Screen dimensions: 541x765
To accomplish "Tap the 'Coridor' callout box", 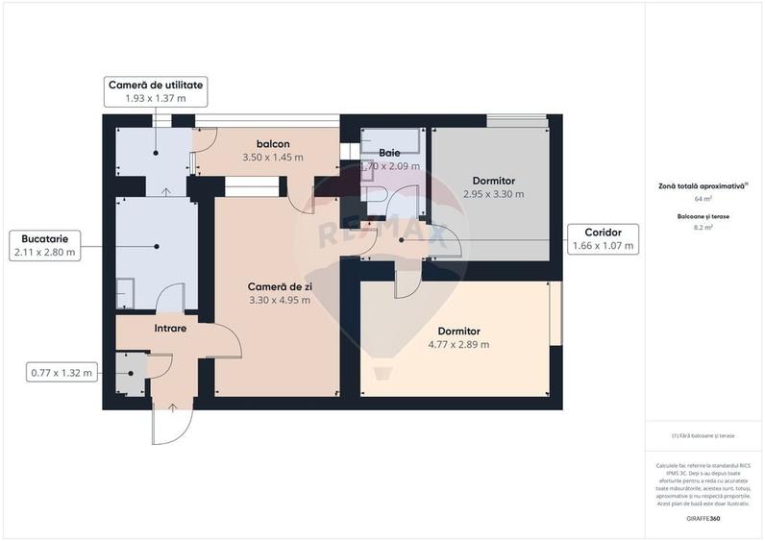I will [x=603, y=238].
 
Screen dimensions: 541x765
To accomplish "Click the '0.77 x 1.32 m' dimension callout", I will [x=61, y=372].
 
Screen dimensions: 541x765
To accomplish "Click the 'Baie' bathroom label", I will [x=389, y=153].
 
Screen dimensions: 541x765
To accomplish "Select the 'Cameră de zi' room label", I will [x=279, y=286].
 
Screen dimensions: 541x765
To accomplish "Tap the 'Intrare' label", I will [x=170, y=329].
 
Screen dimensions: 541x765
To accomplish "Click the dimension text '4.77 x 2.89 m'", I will [x=457, y=344].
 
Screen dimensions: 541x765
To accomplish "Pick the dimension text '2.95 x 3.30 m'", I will [x=494, y=194].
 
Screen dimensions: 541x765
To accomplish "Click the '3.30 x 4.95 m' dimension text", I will [x=279, y=300].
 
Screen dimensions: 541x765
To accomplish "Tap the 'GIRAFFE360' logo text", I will [x=703, y=519].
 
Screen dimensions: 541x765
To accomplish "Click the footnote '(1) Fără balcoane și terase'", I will [x=703, y=435].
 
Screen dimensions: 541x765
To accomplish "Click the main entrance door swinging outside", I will [x=171, y=423].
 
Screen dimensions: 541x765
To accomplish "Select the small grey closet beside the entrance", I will [x=129, y=374].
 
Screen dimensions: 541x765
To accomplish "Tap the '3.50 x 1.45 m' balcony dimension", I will [x=273, y=157].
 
